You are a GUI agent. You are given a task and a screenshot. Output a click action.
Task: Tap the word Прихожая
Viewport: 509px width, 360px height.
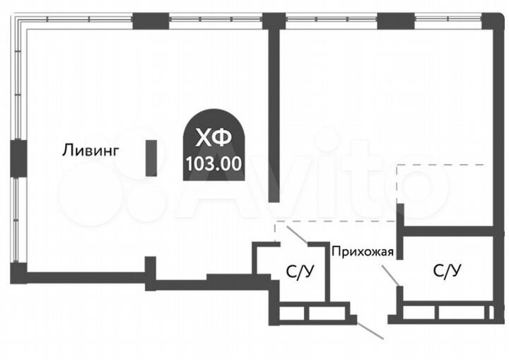point(363,249)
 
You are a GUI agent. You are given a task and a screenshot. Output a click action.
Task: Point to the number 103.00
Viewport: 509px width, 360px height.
point(213,163)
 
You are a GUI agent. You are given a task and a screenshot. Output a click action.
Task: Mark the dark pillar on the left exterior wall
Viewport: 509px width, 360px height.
point(17,157)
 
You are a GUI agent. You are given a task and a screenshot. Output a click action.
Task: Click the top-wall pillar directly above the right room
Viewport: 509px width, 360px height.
point(386,21)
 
